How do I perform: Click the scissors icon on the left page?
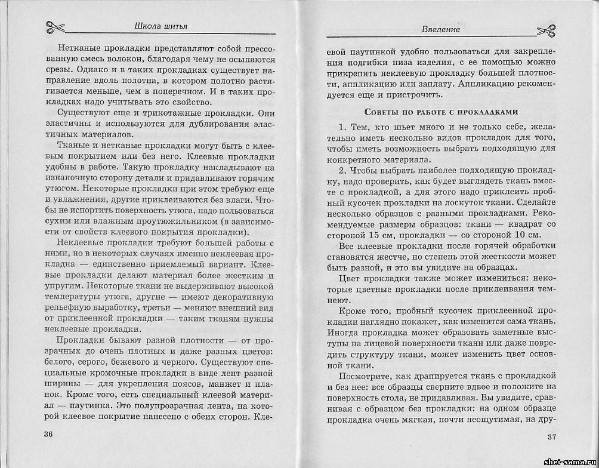click(54, 27)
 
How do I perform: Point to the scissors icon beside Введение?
click(545, 30)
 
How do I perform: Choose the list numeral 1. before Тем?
click(342, 128)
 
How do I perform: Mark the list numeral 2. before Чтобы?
click(342, 171)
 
